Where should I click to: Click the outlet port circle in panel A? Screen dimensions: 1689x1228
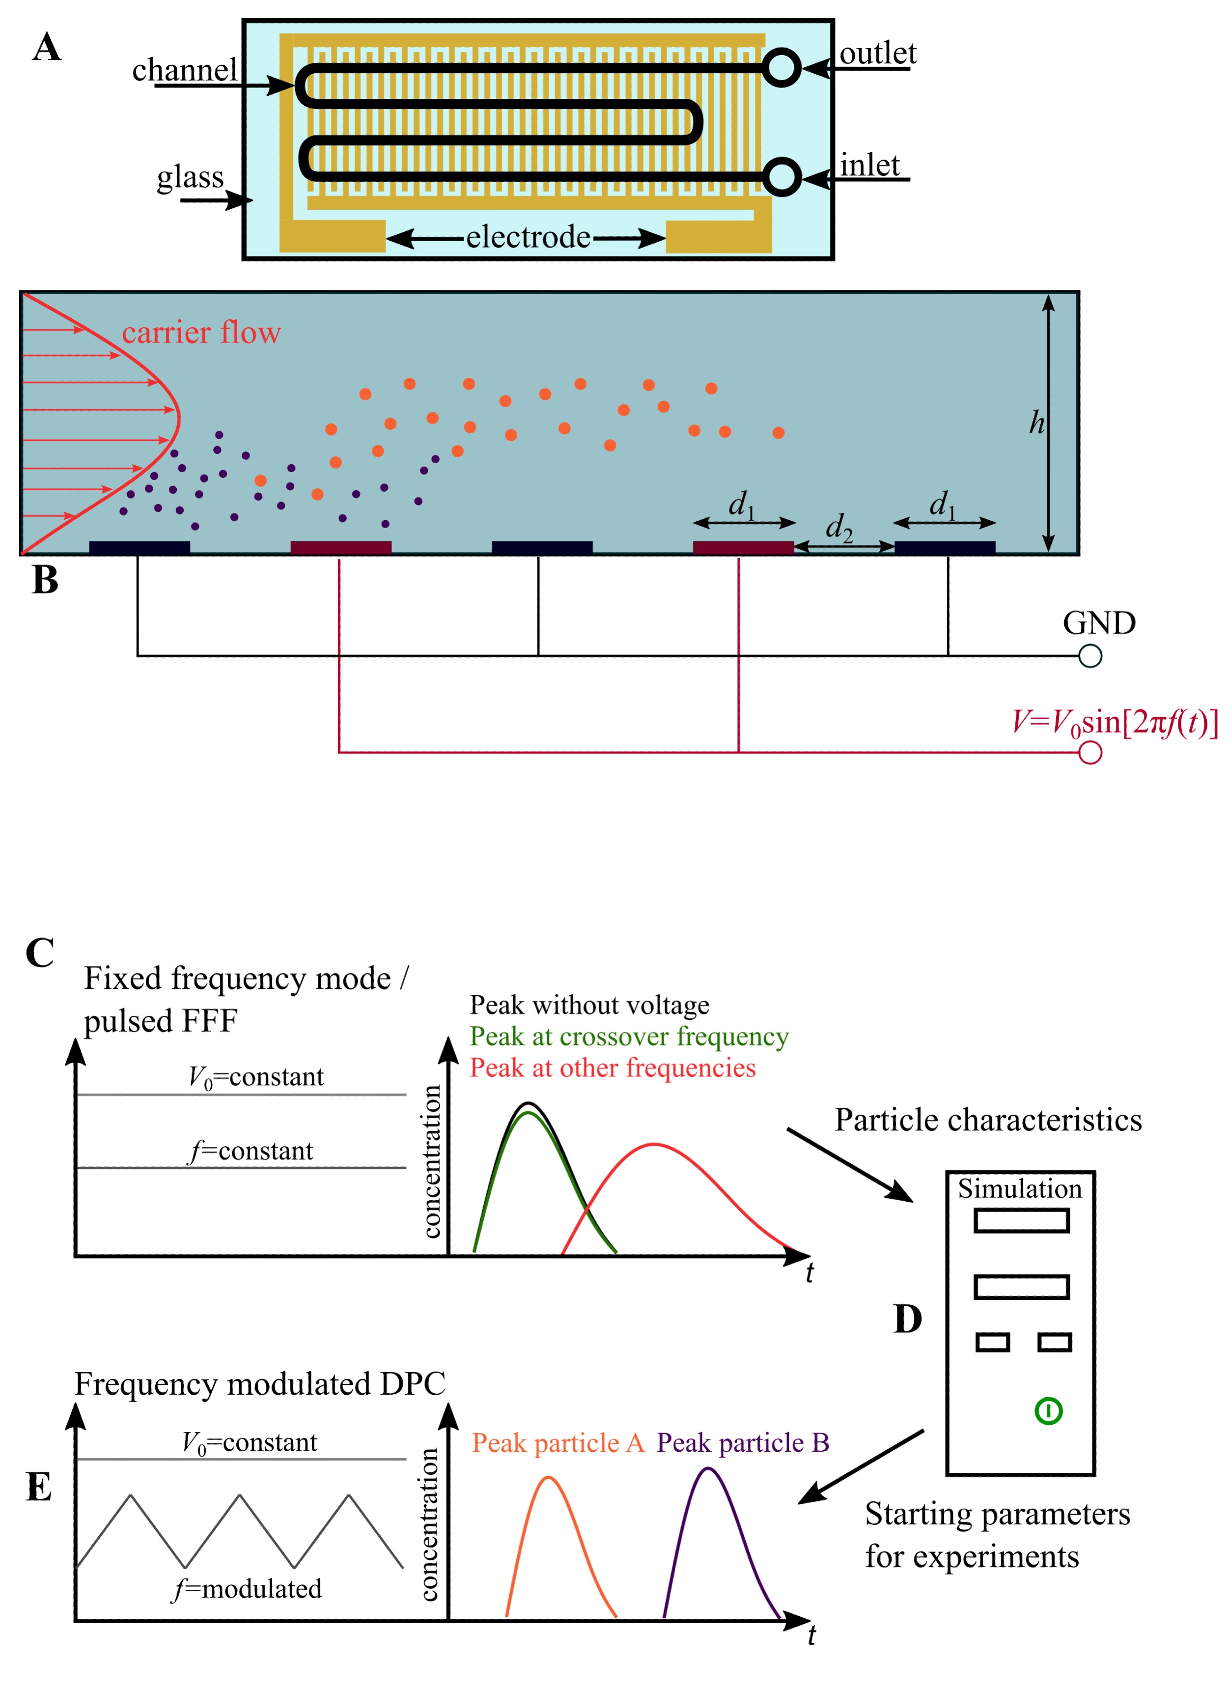pos(781,68)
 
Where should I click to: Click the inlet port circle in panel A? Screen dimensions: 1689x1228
pos(781,178)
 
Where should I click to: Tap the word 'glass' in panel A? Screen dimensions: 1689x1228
pos(190,178)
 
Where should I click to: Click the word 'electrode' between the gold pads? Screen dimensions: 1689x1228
pos(528,238)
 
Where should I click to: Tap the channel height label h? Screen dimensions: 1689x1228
pos(1036,423)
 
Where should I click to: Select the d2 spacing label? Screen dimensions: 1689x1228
pos(838,527)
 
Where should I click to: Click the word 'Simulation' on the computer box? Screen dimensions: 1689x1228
pos(1020,1188)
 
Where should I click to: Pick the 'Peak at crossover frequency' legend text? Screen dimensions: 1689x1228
pos(629,1037)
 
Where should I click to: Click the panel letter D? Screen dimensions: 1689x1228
pos(907,1319)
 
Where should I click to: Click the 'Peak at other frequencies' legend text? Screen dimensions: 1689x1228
pos(612,1068)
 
